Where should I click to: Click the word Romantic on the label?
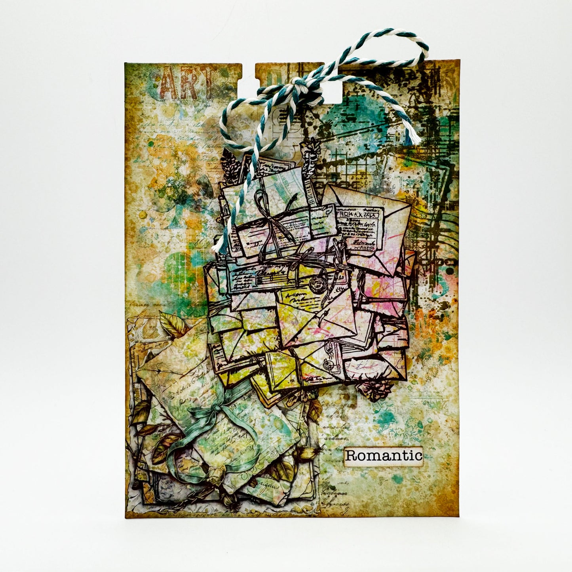tap(383, 456)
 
